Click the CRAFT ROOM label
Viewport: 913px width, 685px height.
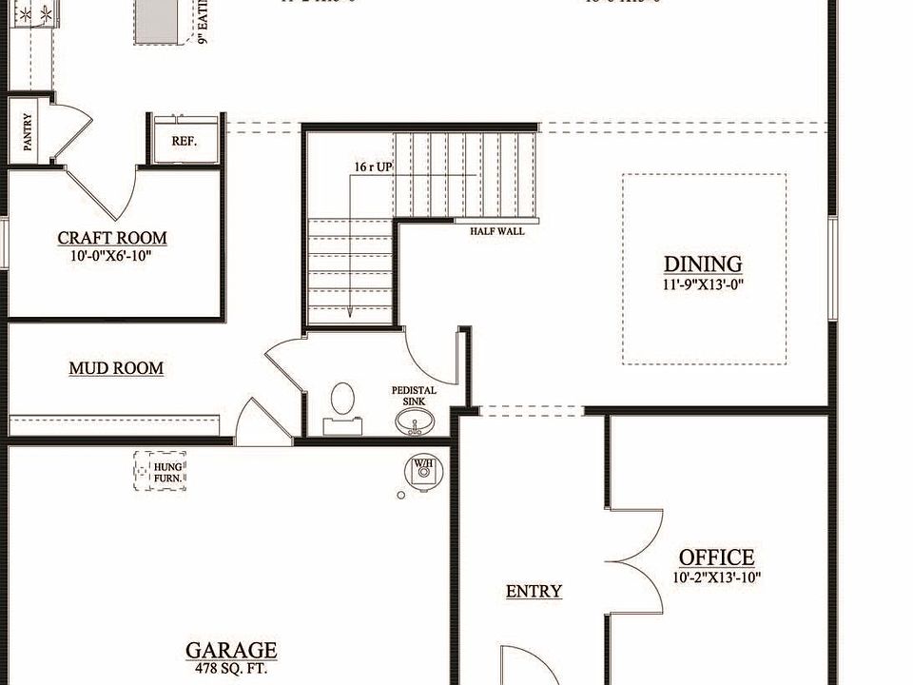coord(112,239)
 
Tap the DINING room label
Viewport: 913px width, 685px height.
coord(703,264)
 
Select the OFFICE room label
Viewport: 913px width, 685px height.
coord(716,558)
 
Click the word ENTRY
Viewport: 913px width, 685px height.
coord(534,592)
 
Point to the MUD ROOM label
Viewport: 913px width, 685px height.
coord(116,368)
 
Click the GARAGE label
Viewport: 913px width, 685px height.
coord(231,651)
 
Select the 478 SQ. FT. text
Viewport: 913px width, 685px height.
coord(231,668)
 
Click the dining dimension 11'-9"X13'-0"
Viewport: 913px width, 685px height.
coord(703,284)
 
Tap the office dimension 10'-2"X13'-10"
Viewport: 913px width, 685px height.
coord(716,577)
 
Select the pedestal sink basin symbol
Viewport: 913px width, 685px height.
coord(414,421)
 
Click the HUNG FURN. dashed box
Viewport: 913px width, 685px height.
coord(160,470)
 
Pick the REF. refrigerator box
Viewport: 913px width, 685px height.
coord(185,141)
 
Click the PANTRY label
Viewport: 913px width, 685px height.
coord(27,133)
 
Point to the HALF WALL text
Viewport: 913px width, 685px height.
coord(496,231)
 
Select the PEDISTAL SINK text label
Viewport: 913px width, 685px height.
coord(415,396)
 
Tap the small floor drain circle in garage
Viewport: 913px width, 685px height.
coord(401,495)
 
